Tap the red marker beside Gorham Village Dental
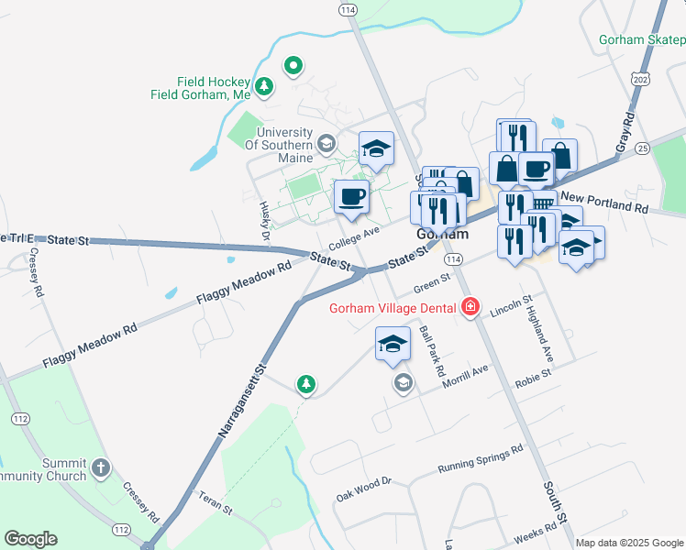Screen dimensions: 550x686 [x=470, y=306]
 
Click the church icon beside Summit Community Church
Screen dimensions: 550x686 [x=101, y=468]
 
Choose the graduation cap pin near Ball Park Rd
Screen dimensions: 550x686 [x=393, y=343]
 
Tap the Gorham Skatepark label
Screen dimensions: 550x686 [x=642, y=39]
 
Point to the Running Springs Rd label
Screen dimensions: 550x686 [x=480, y=457]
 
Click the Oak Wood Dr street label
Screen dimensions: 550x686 [x=364, y=489]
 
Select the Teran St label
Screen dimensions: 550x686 [x=216, y=504]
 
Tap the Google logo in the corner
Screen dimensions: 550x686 [x=30, y=539]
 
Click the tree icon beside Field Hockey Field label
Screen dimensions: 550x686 [x=264, y=86]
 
